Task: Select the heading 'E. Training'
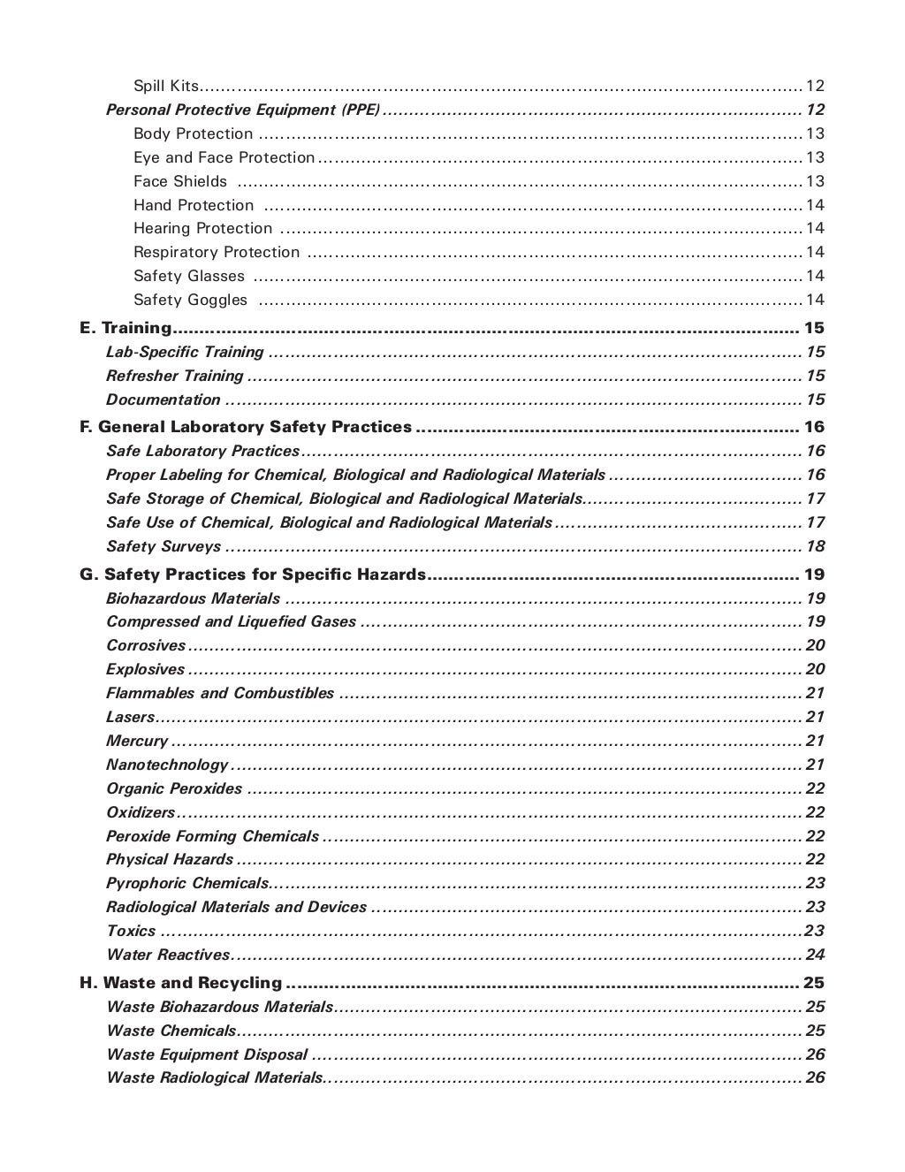click(125, 328)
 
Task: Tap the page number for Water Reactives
click(815, 955)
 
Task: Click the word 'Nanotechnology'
click(167, 765)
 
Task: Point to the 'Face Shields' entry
click(180, 181)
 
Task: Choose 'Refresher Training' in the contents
click(174, 376)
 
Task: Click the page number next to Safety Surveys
click(815, 546)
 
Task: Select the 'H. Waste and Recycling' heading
click(181, 983)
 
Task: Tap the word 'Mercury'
click(137, 741)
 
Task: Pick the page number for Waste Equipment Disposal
click(815, 1054)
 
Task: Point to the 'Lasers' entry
click(130, 717)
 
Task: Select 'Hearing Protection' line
click(203, 228)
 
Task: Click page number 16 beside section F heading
click(814, 427)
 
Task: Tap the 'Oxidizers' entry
click(141, 812)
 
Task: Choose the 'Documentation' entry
click(163, 400)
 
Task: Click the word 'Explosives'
click(145, 669)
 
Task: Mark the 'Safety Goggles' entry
click(191, 300)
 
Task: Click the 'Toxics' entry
click(131, 931)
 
